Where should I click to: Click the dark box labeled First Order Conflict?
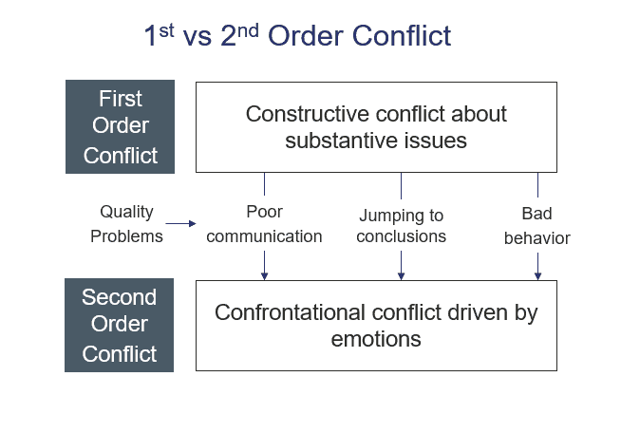tap(120, 127)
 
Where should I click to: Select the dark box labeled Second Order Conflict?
tap(120, 326)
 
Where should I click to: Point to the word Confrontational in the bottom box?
tap(290, 312)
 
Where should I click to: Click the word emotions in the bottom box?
tap(376, 340)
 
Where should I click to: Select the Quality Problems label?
tap(126, 224)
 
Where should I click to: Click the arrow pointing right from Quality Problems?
tap(180, 224)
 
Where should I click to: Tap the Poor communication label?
tap(264, 224)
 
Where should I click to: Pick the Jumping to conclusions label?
tap(402, 226)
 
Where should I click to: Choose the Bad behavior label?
tap(537, 226)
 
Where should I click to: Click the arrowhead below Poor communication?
tap(265, 276)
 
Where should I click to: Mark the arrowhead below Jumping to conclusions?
tap(402, 276)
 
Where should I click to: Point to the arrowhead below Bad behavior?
tap(537, 276)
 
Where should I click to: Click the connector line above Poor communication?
tap(265, 184)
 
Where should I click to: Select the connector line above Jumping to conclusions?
tap(402, 186)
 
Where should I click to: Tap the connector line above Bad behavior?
tap(537, 184)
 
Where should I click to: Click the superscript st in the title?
tap(167, 30)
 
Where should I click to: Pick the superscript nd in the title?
tap(248, 30)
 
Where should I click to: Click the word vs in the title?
tap(197, 38)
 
